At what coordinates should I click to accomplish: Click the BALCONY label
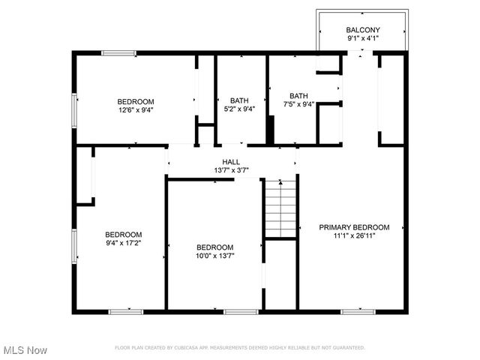coord(362,30)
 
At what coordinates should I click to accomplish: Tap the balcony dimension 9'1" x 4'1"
coord(362,38)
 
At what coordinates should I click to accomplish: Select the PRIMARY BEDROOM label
coord(355,227)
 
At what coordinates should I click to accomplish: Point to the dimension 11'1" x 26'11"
coord(355,235)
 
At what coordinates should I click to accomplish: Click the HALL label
coord(231,162)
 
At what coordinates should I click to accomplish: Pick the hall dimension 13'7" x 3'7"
coord(231,170)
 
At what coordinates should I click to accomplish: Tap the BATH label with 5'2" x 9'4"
coord(239,100)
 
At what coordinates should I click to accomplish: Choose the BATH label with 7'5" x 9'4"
coord(299,96)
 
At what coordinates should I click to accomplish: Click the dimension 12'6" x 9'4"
coord(136,110)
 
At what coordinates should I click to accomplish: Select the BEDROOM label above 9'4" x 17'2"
coord(123,234)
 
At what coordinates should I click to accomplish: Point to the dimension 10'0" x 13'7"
coord(215,256)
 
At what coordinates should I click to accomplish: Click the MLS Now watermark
coord(25,350)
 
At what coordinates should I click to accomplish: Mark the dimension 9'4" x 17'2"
coord(123,242)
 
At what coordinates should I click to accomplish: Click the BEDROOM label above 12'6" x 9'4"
coord(136,102)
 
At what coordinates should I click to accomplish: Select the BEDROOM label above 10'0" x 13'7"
coord(215,247)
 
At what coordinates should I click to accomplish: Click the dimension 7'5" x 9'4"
coord(299,104)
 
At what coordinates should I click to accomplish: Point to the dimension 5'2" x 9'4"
coord(239,109)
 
